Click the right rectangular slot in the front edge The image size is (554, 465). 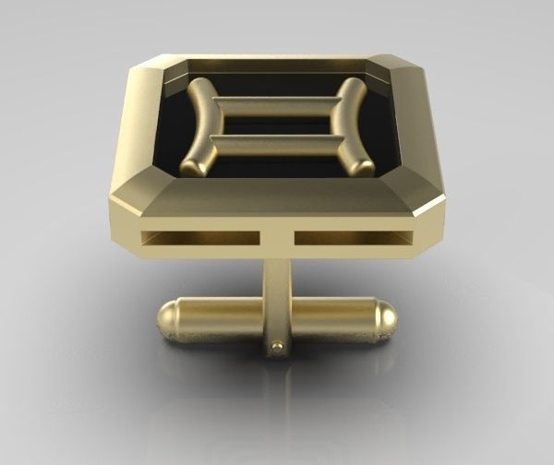[x=352, y=238]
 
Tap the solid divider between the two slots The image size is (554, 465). [x=276, y=238]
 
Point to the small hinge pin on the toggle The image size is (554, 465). [x=277, y=347]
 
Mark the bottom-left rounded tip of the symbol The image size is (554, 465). [x=192, y=167]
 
